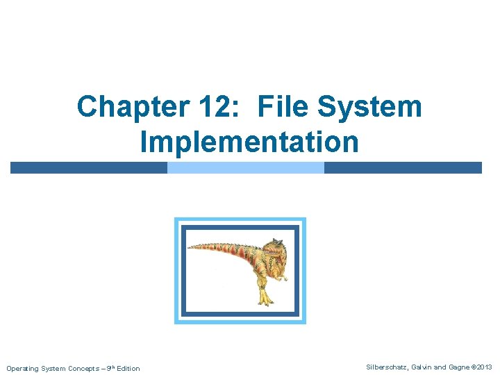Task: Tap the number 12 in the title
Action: (204, 107)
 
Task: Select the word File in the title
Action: (283, 107)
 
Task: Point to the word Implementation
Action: (249, 142)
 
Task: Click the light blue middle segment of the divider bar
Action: (246, 167)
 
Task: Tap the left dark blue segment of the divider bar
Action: (88, 167)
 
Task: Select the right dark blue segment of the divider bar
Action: (403, 167)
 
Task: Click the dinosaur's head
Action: (275, 248)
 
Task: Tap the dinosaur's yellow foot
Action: (265, 299)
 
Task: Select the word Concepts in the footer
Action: (81, 368)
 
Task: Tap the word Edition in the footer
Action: (128, 368)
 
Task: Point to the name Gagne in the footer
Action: (458, 367)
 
